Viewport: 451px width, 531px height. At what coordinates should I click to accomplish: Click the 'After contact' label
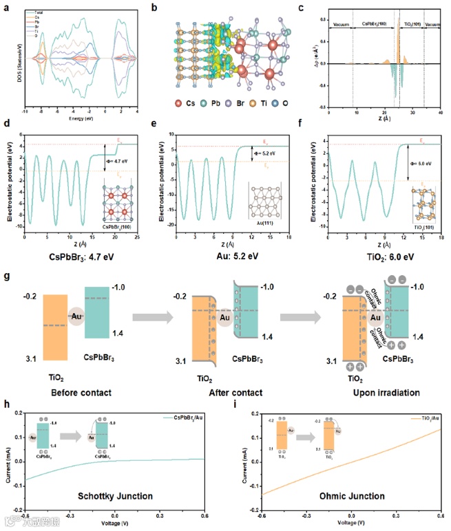coord(222,392)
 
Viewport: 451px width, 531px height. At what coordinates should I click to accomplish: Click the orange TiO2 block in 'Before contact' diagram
coord(55,327)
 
